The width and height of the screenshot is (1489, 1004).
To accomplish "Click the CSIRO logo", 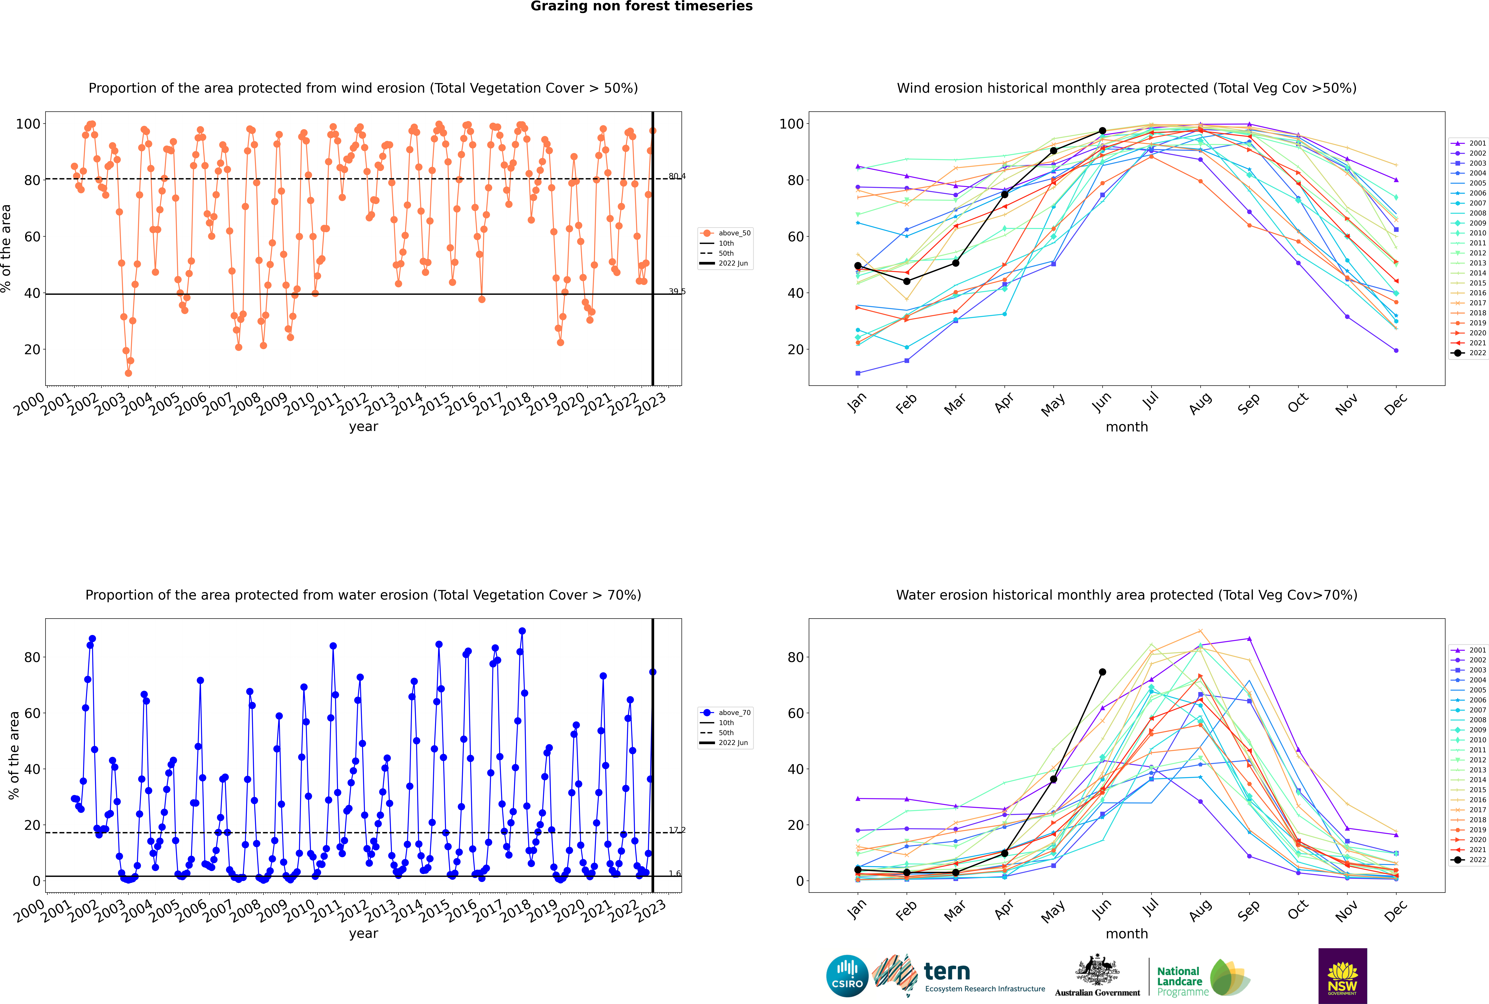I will point(847,976).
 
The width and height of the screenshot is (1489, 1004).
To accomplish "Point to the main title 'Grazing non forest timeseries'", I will point(641,6).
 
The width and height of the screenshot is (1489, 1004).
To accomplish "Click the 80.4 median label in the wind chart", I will point(677,176).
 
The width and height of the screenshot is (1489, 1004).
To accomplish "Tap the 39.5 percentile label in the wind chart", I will point(677,291).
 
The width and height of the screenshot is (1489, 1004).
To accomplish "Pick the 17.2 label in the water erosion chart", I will point(677,830).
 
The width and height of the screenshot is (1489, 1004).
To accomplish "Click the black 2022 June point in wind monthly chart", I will point(1102,131).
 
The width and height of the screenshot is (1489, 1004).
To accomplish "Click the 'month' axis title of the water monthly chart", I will point(1127,934).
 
